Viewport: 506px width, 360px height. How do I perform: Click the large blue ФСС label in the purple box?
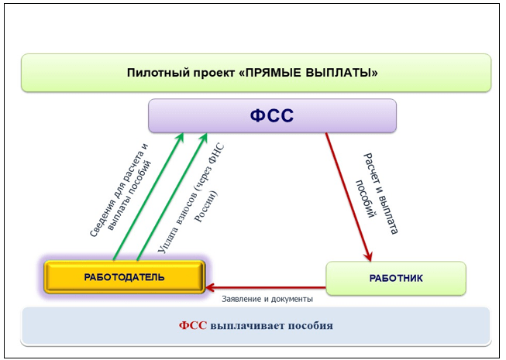[x=272, y=115]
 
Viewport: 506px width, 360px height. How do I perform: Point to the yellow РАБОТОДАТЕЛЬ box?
[x=125, y=277]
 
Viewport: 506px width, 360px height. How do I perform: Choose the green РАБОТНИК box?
[x=396, y=278]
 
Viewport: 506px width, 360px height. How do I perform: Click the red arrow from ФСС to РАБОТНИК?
[x=349, y=197]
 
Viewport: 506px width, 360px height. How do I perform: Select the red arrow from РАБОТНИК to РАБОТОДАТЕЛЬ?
[x=266, y=287]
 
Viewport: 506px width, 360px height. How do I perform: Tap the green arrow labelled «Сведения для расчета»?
[x=148, y=197]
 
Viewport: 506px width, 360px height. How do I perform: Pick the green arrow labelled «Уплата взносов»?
[x=172, y=197]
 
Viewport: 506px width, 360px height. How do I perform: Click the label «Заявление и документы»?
[x=267, y=299]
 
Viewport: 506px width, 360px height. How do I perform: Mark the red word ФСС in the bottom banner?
[x=193, y=325]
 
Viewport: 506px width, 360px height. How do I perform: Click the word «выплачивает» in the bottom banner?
[x=247, y=325]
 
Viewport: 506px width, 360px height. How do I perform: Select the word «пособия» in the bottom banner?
[x=311, y=325]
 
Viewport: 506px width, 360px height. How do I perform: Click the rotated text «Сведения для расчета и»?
[x=119, y=190]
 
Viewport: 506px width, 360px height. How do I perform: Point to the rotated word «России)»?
[x=205, y=207]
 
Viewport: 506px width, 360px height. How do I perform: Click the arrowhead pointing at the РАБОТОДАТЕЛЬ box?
[x=209, y=287]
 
